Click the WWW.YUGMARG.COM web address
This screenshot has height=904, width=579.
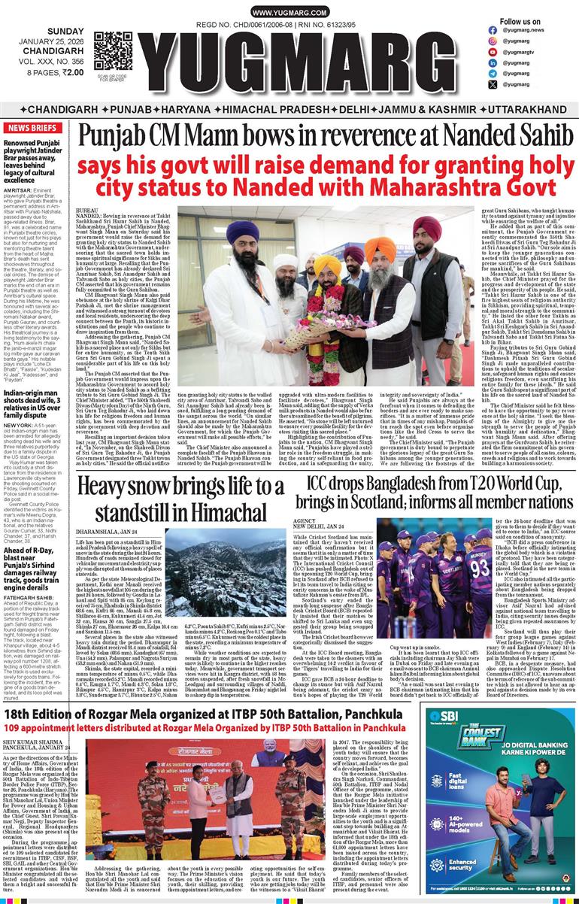click(x=289, y=14)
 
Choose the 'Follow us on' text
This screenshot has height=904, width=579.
click(x=520, y=22)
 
